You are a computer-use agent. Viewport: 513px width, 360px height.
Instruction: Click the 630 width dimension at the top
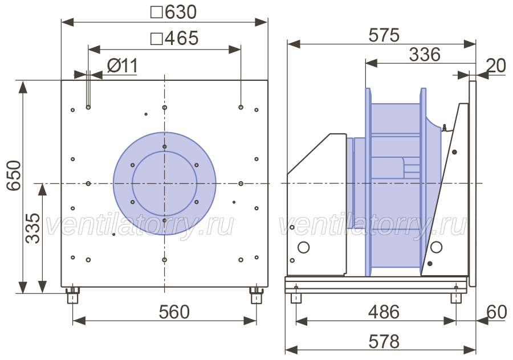click(174, 12)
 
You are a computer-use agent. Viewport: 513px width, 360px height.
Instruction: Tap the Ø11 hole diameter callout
click(123, 66)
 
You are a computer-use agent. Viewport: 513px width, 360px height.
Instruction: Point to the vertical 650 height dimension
click(14, 175)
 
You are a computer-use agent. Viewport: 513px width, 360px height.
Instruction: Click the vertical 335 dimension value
click(32, 228)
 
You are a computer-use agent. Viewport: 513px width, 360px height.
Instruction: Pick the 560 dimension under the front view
click(174, 312)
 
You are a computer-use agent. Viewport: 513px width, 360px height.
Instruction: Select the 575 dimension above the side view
click(384, 35)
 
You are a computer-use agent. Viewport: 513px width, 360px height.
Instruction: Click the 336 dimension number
click(424, 55)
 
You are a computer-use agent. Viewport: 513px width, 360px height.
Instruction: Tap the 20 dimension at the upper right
click(496, 66)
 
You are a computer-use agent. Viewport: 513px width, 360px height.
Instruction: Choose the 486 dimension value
click(384, 312)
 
